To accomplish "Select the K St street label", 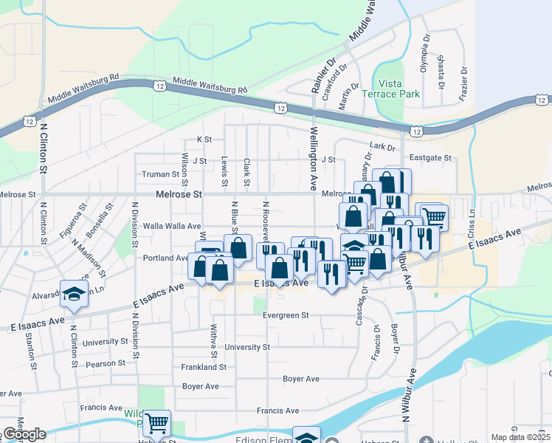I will (x=204, y=139).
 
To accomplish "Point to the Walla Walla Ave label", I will (x=173, y=226).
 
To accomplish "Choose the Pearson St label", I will (x=106, y=363).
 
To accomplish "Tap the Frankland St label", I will (x=203, y=367).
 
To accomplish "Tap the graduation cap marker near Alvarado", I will (x=74, y=295).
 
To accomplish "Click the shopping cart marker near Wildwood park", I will (x=156, y=424).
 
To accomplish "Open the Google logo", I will (x=24, y=434).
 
